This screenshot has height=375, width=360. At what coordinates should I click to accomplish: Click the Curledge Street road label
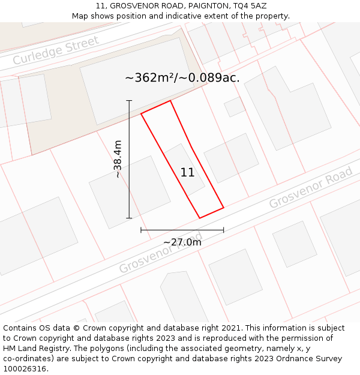(56, 51)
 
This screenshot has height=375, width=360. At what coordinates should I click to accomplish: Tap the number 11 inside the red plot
(187, 173)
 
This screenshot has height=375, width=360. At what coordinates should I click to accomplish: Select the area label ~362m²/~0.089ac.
(182, 78)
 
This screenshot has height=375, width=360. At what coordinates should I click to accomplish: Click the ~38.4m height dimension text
(118, 159)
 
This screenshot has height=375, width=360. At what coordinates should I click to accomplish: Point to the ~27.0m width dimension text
(182, 242)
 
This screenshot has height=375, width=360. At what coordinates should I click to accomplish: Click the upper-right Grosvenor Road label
(311, 188)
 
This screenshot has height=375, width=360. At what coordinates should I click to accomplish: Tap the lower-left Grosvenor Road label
(160, 253)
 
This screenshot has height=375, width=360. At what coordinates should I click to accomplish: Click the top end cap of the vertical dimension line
(129, 100)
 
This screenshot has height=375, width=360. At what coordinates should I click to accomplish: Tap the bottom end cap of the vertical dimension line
(129, 218)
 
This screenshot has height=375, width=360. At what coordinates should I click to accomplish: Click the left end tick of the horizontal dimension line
(141, 230)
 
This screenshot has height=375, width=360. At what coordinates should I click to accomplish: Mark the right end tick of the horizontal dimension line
(223, 230)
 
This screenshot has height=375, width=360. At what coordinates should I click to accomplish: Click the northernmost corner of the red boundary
(170, 101)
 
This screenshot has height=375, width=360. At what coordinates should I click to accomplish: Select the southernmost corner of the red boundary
(199, 218)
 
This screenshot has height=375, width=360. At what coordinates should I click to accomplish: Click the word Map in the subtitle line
(81, 16)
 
